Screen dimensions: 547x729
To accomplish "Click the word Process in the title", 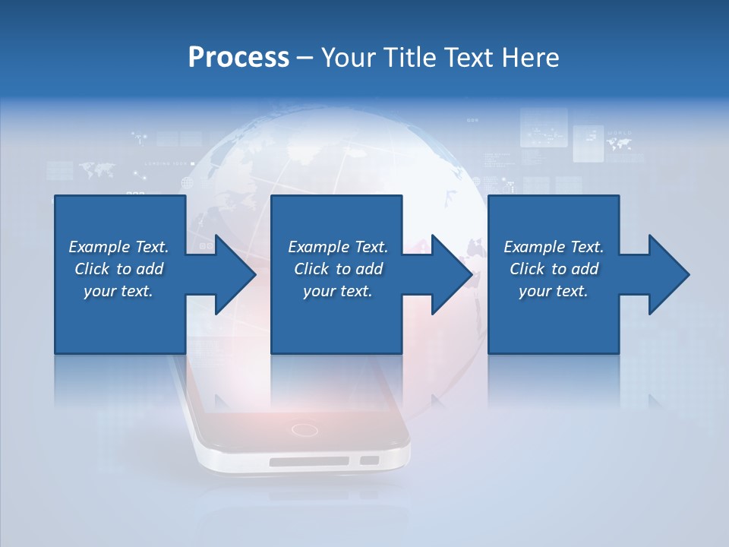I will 238,58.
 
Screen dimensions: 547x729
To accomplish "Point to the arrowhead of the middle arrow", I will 452,274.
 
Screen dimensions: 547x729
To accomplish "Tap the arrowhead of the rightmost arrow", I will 668,274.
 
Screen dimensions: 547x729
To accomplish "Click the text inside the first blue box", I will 118,269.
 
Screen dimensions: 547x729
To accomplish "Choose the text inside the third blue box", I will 554,269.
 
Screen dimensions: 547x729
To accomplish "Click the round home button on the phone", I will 305,430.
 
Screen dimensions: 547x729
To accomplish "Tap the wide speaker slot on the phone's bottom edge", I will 309,461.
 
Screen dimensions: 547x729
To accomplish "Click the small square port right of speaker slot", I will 369,460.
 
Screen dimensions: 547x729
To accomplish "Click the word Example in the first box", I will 99,247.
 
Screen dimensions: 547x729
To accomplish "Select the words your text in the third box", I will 554,291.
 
